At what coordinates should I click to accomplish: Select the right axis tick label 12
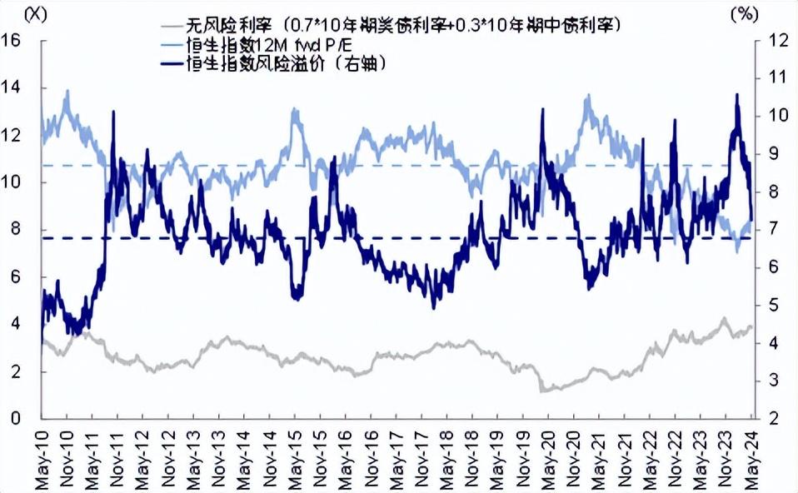click(x=776, y=40)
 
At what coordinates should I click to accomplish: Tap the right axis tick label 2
click(x=776, y=419)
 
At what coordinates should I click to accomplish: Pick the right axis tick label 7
click(x=774, y=229)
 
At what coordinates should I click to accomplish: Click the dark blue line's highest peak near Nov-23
click(x=736, y=96)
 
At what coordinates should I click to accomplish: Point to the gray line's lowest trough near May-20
click(x=543, y=391)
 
